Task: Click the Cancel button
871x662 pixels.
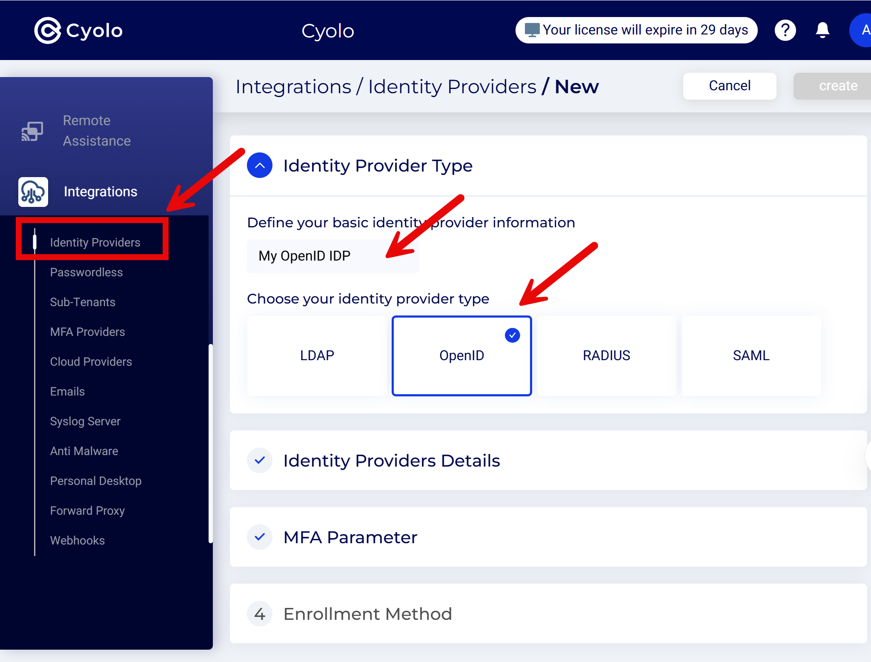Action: pos(729,86)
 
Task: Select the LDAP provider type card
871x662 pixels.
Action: pos(317,355)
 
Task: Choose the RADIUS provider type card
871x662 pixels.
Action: pos(606,355)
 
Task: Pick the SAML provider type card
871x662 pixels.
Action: pos(751,355)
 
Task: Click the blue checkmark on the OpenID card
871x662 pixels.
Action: pos(512,335)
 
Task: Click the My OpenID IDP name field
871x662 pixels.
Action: pos(332,256)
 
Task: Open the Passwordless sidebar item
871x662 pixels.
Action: pos(86,272)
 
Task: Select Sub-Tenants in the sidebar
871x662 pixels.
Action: pos(83,302)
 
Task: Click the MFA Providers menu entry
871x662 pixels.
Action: pos(87,332)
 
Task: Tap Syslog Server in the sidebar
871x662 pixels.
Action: pos(85,421)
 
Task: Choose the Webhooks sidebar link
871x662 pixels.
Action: pos(77,541)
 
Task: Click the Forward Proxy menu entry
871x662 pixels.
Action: pos(87,511)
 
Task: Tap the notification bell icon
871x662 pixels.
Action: pos(822,30)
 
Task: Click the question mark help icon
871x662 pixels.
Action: pos(785,30)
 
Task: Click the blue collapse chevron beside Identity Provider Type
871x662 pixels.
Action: pos(260,166)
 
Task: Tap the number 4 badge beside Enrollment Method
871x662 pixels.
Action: pos(260,614)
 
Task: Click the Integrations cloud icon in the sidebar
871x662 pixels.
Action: pos(33,192)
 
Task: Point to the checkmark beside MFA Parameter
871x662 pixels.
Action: pos(260,537)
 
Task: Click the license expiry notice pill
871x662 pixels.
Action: pos(636,30)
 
